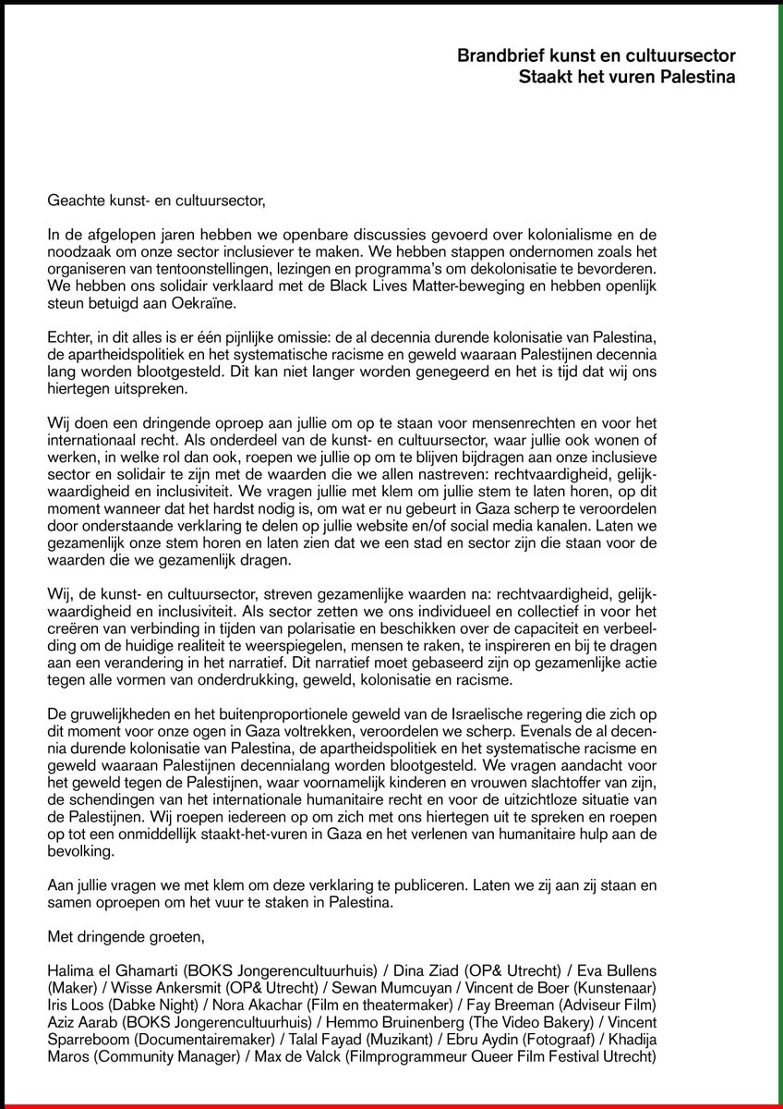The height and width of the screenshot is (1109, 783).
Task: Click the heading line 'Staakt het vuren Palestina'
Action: [x=627, y=77]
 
